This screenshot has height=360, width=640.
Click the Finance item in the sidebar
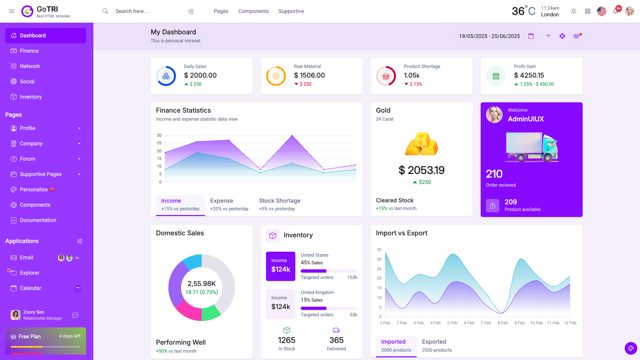(x=29, y=51)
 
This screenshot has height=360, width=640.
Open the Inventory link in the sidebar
(x=31, y=97)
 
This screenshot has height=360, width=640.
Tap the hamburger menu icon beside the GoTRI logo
(x=12, y=11)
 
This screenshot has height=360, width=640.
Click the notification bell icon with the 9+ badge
(x=615, y=12)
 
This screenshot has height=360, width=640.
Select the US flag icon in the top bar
(x=601, y=11)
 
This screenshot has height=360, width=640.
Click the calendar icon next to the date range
(x=531, y=36)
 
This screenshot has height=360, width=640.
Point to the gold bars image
(x=421, y=144)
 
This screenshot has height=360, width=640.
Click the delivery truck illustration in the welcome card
(x=531, y=147)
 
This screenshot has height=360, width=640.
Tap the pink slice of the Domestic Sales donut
(x=187, y=310)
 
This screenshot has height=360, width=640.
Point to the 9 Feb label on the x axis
(x=519, y=323)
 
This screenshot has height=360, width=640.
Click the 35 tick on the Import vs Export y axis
(x=379, y=250)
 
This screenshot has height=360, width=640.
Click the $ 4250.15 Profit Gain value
(x=529, y=75)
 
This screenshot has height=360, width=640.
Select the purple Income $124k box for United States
(x=280, y=266)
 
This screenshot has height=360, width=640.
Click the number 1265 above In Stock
(x=286, y=340)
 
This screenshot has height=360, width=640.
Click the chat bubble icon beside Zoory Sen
(x=75, y=315)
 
